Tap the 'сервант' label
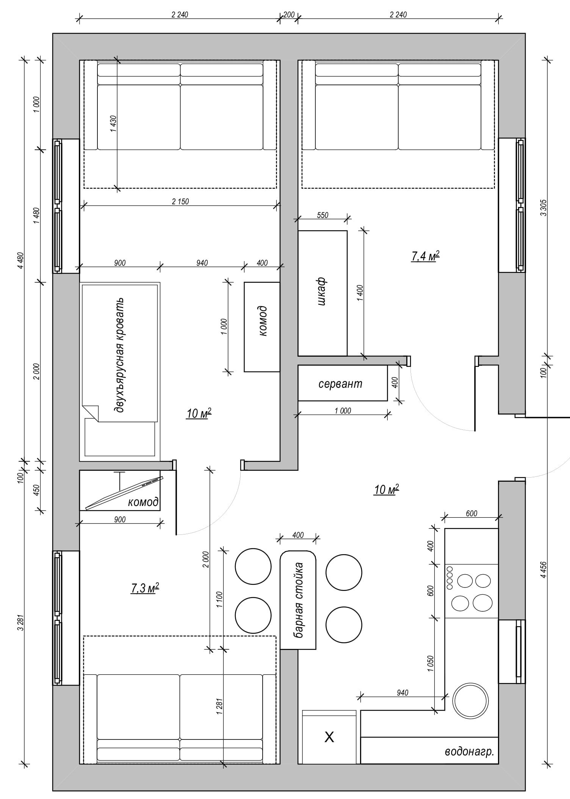pyautogui.click(x=340, y=384)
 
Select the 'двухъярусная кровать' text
pyautogui.click(x=120, y=356)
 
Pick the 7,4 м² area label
pyautogui.click(x=425, y=256)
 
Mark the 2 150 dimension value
pyautogui.click(x=180, y=201)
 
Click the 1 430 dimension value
pyautogui.click(x=113, y=124)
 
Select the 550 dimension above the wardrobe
pyautogui.click(x=322, y=215)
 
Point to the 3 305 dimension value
pyautogui.click(x=544, y=207)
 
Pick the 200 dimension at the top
pyautogui.click(x=289, y=15)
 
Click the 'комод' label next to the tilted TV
pyautogui.click(x=143, y=503)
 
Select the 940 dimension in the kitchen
pyautogui.click(x=402, y=693)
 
